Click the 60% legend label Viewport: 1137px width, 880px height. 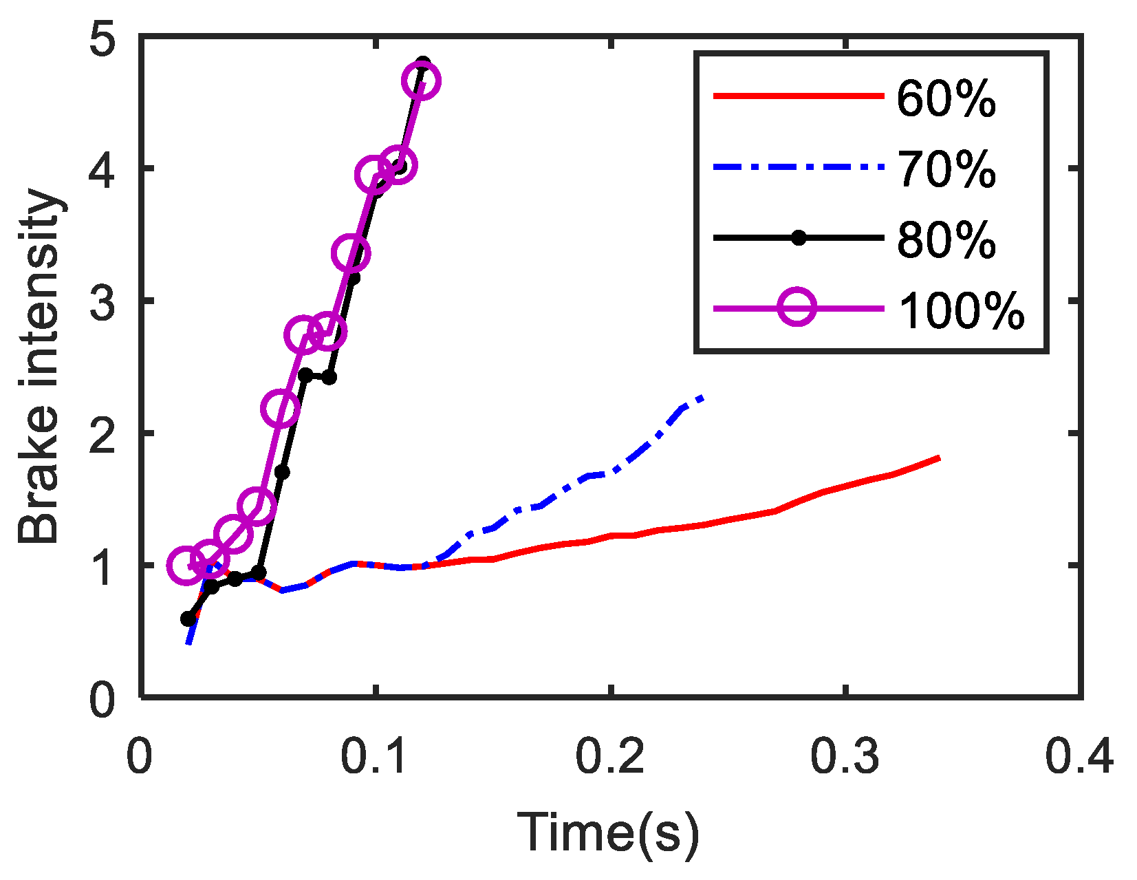(x=946, y=99)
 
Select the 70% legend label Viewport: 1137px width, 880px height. (x=946, y=169)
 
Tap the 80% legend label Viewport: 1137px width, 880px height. (x=946, y=240)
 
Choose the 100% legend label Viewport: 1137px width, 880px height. (x=961, y=311)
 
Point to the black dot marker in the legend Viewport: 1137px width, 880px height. (x=798, y=238)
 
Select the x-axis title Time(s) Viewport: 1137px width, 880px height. (x=608, y=834)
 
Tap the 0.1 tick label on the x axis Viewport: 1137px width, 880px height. (x=376, y=757)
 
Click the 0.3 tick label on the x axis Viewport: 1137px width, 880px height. (x=845, y=757)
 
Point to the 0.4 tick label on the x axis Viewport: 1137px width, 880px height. (x=1079, y=757)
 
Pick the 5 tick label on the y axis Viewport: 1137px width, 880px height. (x=103, y=39)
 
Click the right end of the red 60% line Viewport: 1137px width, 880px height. (x=938, y=458)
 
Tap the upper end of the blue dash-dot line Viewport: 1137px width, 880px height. (x=702, y=397)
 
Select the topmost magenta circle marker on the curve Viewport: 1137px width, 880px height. (x=421, y=81)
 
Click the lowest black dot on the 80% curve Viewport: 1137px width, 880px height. (x=188, y=619)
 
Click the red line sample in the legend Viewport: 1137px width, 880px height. (x=798, y=96)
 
